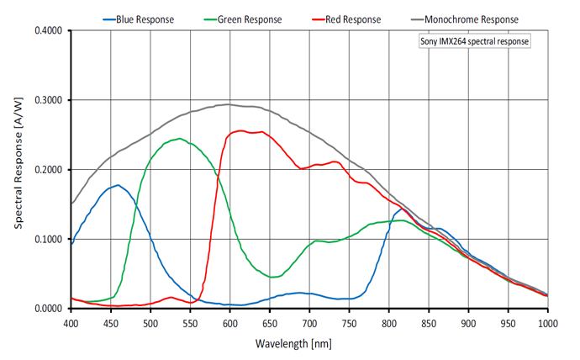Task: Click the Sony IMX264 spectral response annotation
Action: (475, 40)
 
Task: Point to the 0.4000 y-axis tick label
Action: (48, 31)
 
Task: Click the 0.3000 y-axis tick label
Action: (48, 100)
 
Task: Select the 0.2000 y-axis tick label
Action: (48, 170)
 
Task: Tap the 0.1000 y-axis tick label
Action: (48, 239)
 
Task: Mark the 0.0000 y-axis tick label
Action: (48, 309)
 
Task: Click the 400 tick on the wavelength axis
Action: (71, 322)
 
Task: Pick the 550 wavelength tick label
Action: (190, 322)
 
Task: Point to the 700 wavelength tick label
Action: (309, 322)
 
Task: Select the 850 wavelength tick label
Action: (429, 322)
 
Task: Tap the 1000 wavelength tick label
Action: (547, 322)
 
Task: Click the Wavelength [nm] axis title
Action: (308, 344)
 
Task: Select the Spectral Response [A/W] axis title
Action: (18, 171)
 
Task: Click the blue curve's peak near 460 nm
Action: (118, 185)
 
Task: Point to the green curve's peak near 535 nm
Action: (178, 139)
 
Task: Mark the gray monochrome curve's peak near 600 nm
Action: (229, 104)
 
